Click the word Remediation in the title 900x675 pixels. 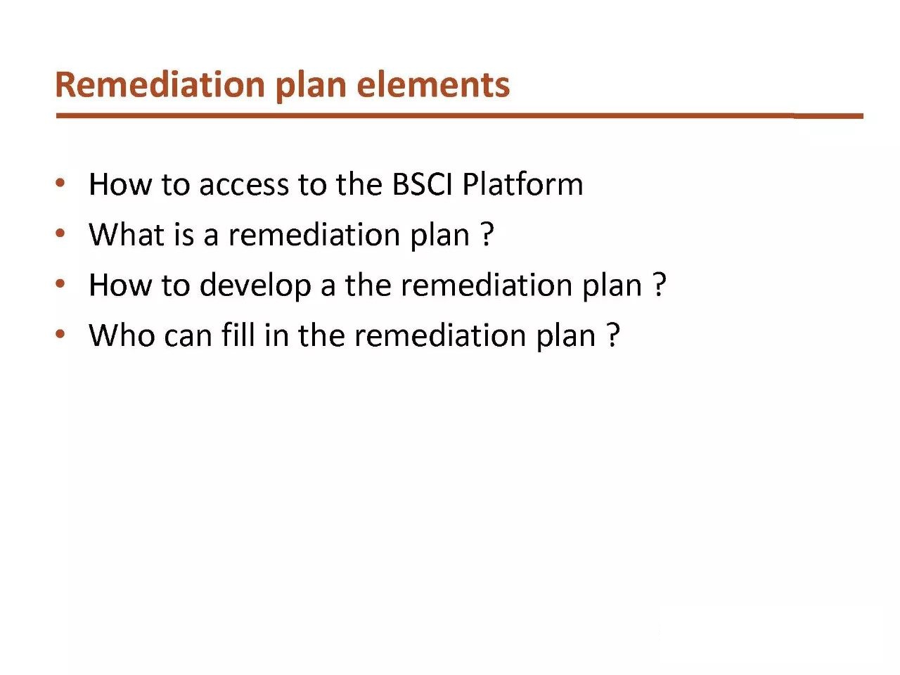coord(160,84)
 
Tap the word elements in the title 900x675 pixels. coord(433,85)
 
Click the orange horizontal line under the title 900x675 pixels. coord(460,116)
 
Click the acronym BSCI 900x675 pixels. coord(423,184)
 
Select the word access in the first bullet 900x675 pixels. coord(244,186)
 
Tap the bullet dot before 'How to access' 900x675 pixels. coord(60,183)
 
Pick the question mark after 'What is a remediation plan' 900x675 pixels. coord(487,234)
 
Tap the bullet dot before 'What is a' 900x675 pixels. coord(60,233)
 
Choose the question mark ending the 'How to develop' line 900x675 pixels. coord(659,285)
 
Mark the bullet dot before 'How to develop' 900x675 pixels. coord(60,283)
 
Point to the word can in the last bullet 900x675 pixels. coord(188,337)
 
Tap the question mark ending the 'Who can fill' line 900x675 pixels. coord(612,335)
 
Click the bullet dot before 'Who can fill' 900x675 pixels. coord(60,334)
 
